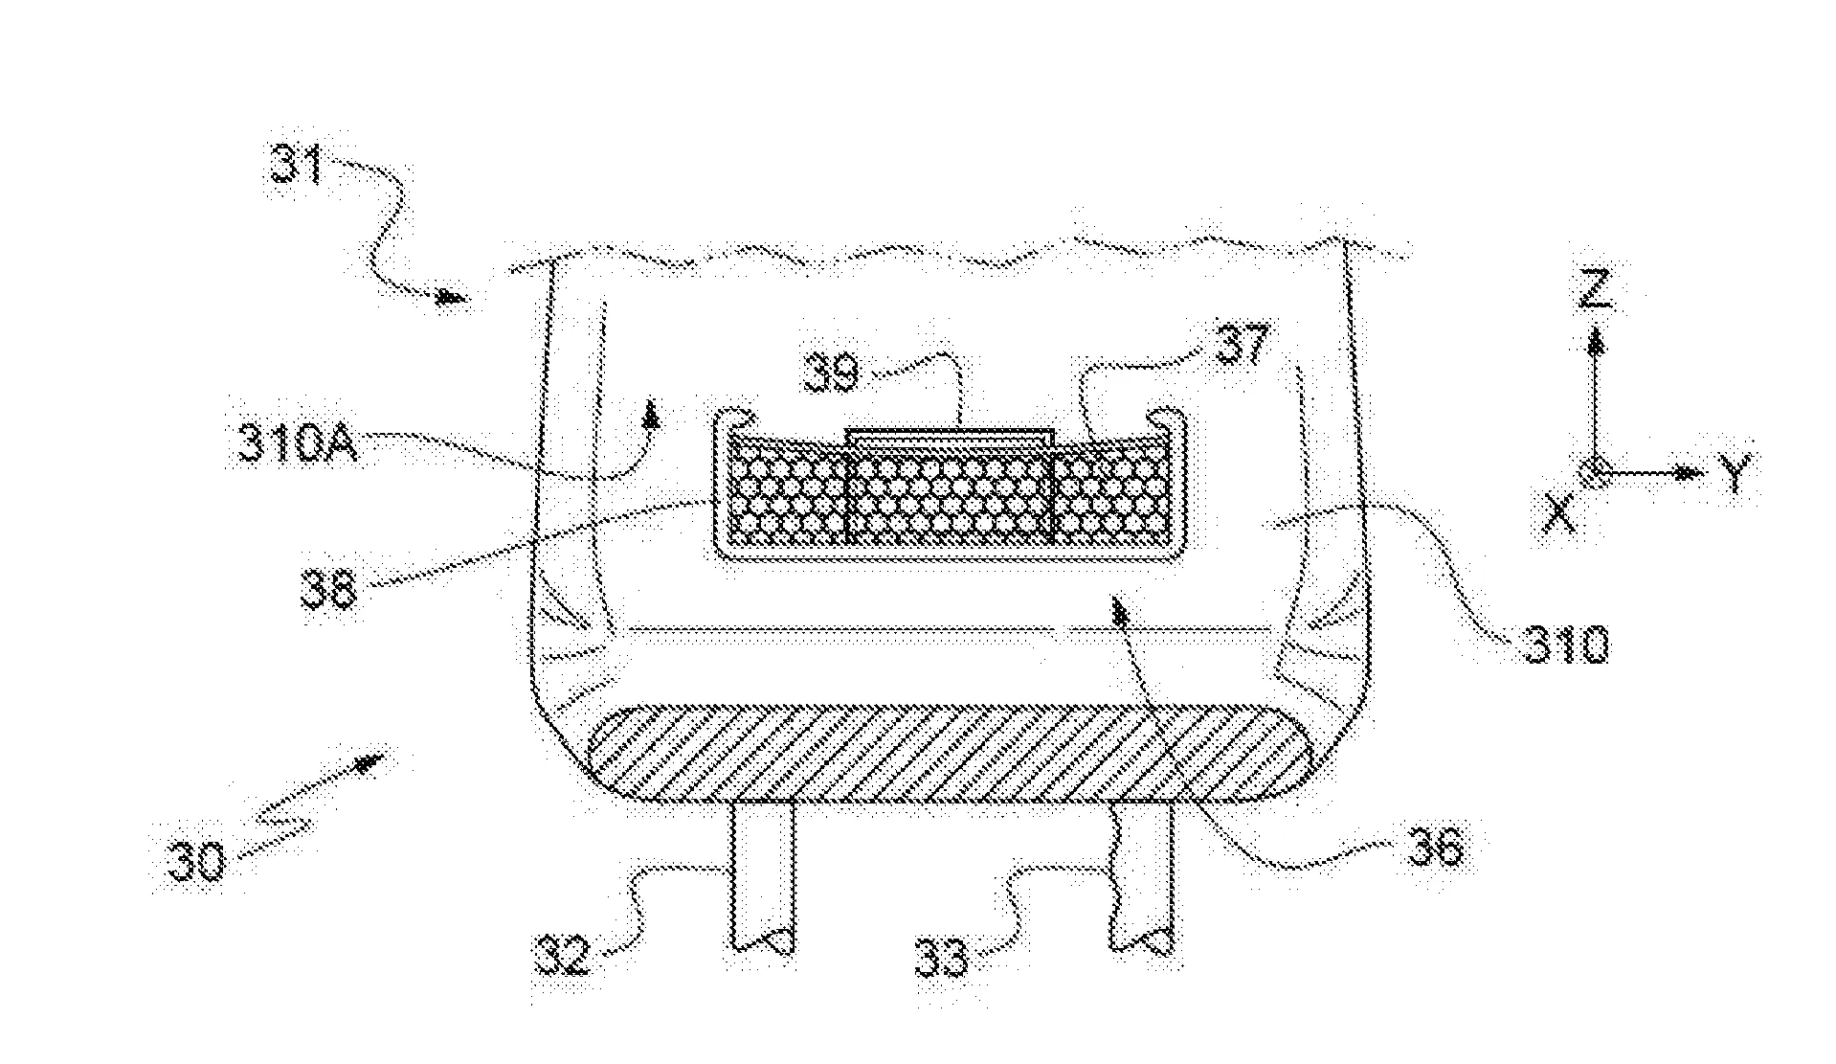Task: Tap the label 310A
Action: tap(297, 445)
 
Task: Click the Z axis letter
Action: tap(1594, 290)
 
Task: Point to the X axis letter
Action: tap(1559, 517)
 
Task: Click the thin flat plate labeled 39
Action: tap(951, 436)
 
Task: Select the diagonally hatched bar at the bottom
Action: tap(952, 753)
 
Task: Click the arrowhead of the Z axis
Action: tap(1595, 343)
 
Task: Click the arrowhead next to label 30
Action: tap(369, 762)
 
